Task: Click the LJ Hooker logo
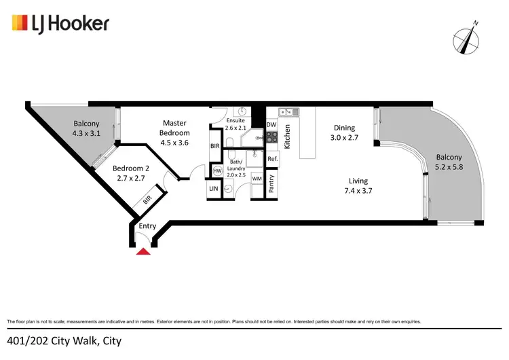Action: click(60, 24)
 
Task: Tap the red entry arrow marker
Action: click(143, 252)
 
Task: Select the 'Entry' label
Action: click(147, 226)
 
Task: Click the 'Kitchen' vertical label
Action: click(288, 137)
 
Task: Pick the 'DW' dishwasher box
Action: click(271, 125)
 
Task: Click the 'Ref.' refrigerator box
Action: click(272, 159)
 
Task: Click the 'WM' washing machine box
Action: click(257, 179)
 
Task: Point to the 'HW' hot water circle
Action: click(217, 170)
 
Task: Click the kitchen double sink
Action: click(289, 112)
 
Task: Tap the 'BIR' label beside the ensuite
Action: click(214, 146)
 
